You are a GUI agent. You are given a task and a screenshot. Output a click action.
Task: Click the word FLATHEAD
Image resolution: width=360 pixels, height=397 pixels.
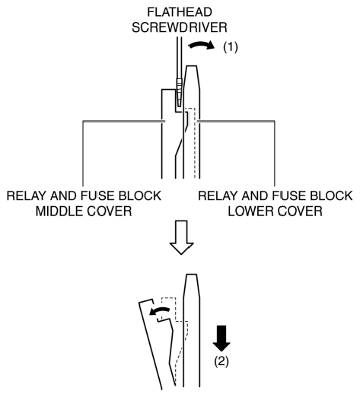[180, 12]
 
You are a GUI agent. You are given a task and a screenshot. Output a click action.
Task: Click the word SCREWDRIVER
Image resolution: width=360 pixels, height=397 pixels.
[180, 27]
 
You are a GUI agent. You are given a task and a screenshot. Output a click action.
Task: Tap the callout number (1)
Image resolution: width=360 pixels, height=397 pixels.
[231, 47]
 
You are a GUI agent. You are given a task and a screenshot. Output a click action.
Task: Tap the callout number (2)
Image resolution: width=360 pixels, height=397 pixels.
[221, 361]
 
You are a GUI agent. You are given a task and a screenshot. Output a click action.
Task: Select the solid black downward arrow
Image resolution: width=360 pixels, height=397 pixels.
[221, 338]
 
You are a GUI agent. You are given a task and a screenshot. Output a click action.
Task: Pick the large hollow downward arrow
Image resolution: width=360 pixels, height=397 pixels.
[182, 237]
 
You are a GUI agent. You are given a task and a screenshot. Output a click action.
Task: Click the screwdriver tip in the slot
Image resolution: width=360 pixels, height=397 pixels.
[180, 101]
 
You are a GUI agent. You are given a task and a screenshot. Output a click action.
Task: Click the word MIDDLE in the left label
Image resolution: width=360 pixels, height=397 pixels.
[59, 211]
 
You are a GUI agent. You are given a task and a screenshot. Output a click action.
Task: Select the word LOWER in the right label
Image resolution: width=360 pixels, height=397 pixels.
[250, 211]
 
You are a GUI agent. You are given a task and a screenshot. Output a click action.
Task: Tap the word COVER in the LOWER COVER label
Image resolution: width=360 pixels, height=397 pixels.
[298, 211]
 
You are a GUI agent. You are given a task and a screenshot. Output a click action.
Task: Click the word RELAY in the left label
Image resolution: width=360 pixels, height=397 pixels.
[27, 196]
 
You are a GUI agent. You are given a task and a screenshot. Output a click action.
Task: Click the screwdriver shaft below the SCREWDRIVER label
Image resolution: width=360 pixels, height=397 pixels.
[180, 59]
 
